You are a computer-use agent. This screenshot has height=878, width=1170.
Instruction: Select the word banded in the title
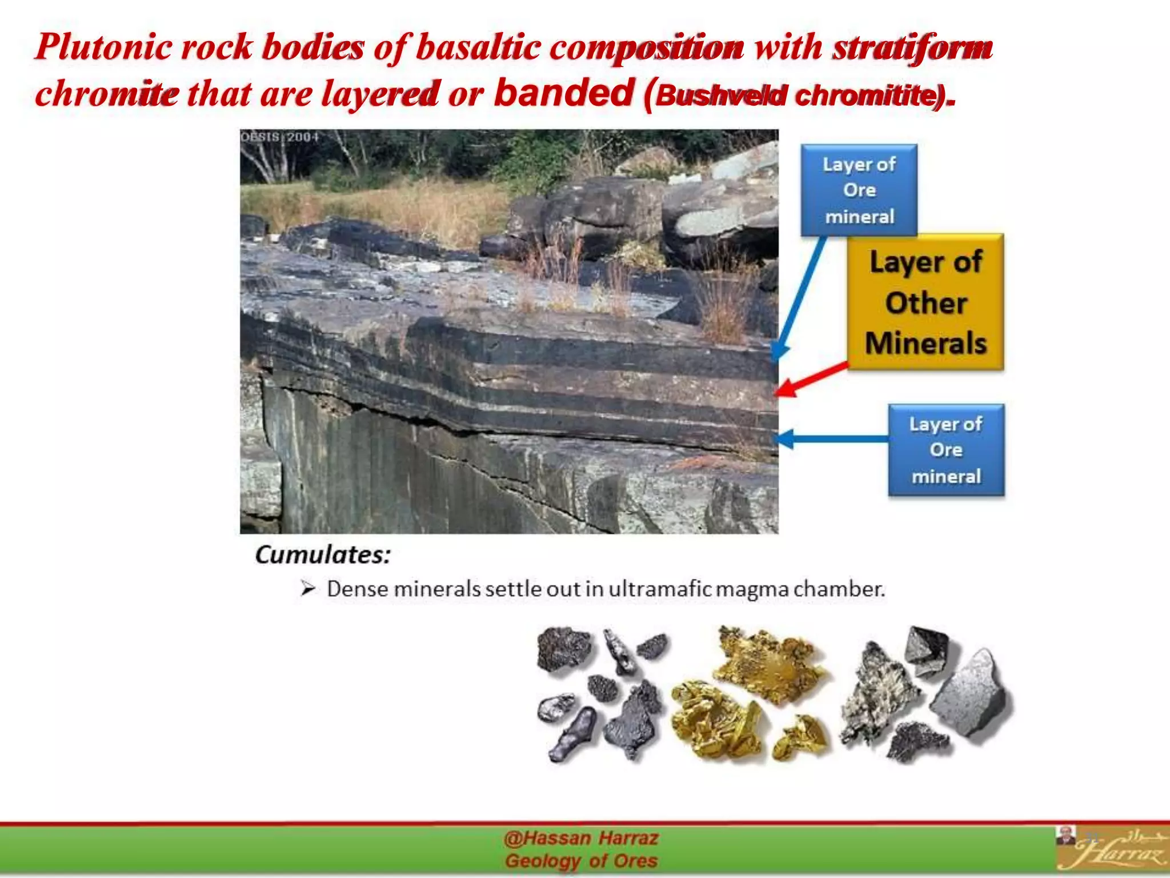[x=564, y=93]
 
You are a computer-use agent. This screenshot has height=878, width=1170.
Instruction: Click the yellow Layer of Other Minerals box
[x=925, y=302]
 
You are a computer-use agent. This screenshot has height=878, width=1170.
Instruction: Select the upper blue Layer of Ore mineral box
[x=859, y=190]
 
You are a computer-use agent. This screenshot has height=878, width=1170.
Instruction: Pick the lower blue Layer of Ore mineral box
[x=946, y=450]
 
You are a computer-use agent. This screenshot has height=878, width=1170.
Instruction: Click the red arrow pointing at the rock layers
[x=811, y=378]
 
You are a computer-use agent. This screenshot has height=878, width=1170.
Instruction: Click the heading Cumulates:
[x=323, y=554]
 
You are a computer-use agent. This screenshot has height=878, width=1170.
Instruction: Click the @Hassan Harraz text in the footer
[x=581, y=838]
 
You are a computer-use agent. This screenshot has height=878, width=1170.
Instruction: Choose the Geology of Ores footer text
[x=581, y=861]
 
